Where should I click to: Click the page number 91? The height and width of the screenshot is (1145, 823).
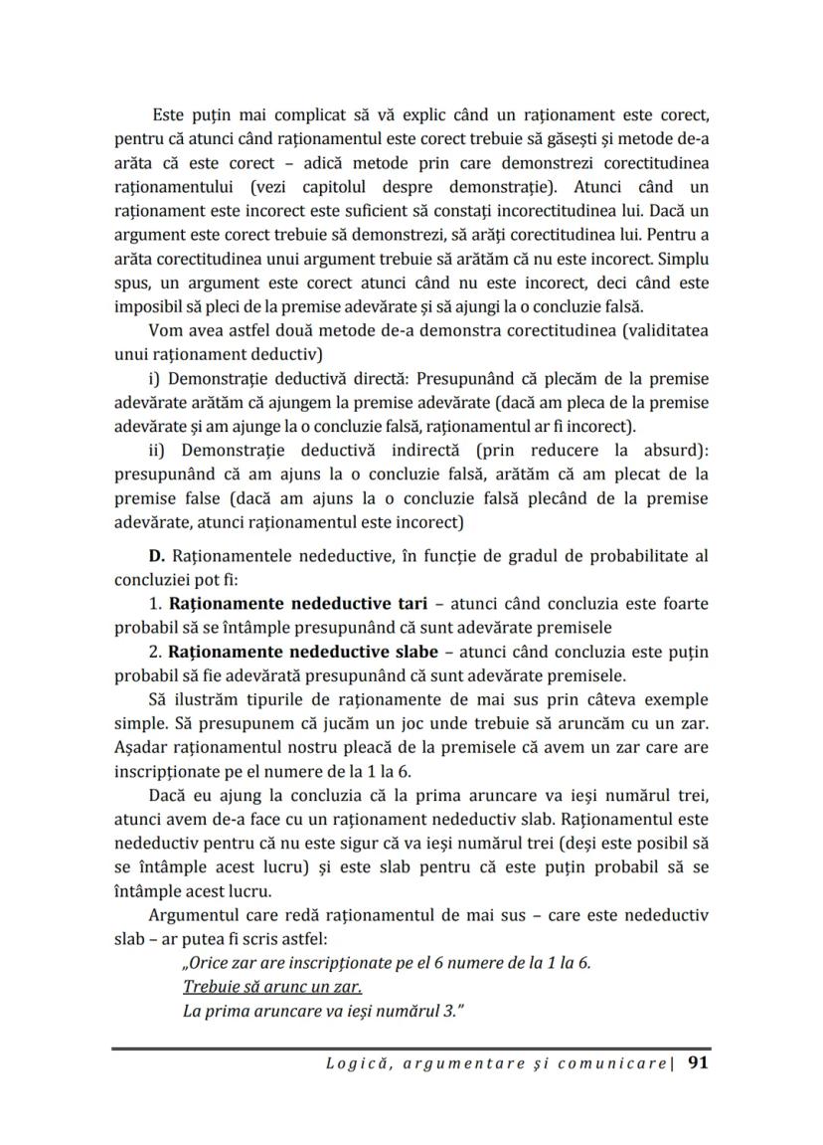pyautogui.click(x=697, y=1063)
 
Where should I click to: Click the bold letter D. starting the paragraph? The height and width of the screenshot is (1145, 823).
pyautogui.click(x=156, y=555)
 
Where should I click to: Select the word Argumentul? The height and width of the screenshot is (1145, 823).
pyautogui.click(x=190, y=915)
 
